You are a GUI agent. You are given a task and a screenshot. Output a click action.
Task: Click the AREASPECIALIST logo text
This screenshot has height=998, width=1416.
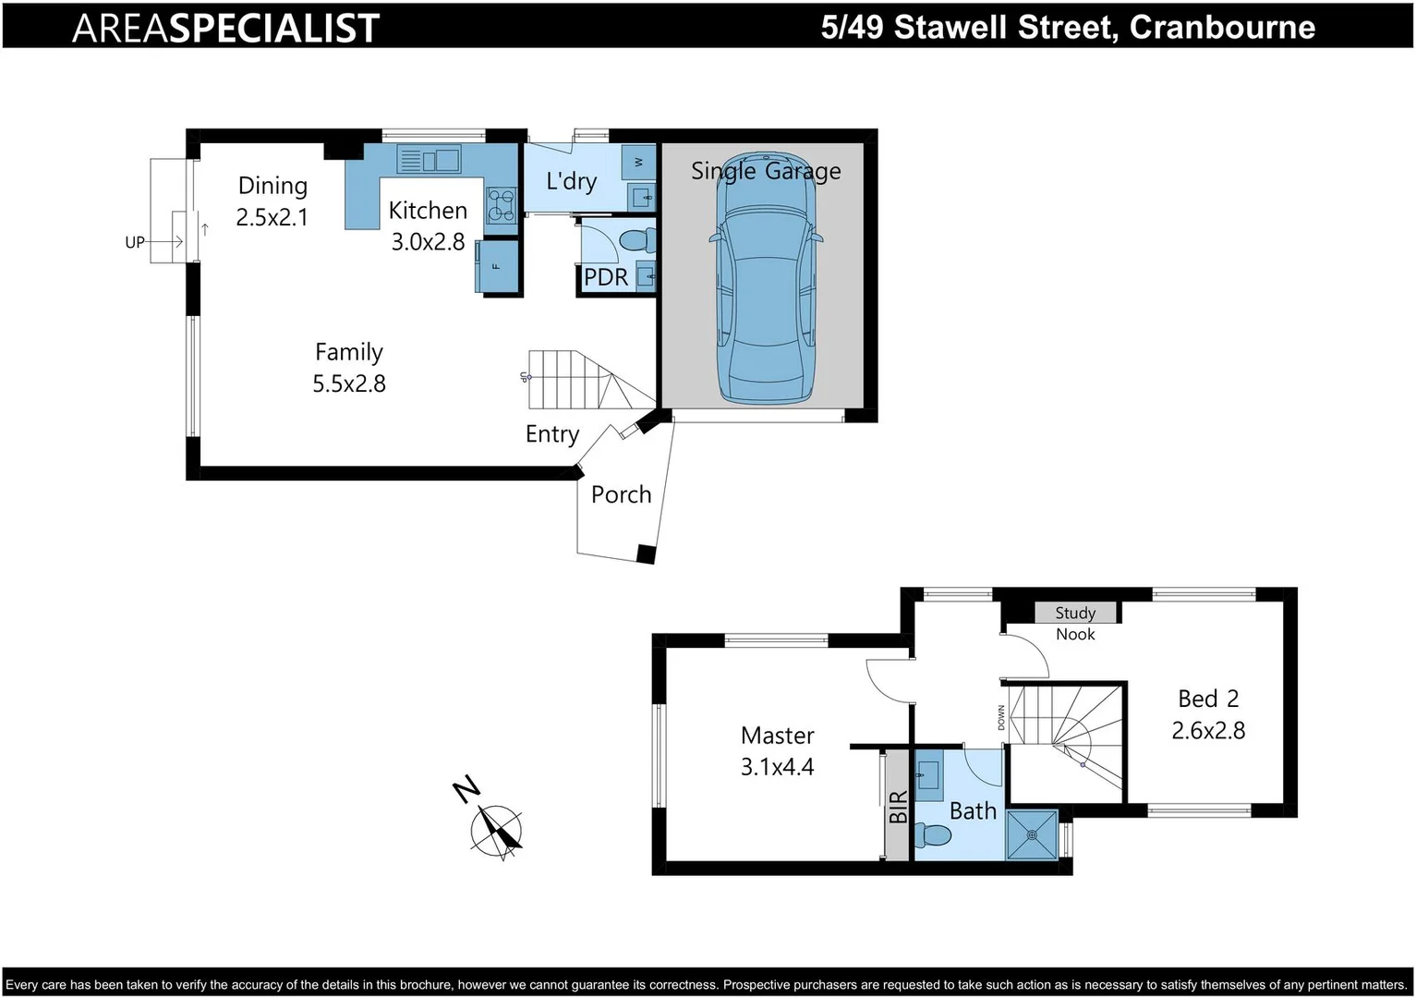[225, 28]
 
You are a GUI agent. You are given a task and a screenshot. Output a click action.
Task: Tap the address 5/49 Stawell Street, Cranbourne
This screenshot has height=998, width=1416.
[1068, 27]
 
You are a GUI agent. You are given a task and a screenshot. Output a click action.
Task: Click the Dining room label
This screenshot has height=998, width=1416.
[272, 186]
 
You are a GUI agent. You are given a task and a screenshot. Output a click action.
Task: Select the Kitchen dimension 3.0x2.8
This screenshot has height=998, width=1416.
[428, 242]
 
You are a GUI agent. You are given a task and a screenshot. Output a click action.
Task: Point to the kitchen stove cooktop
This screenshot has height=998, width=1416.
[502, 204]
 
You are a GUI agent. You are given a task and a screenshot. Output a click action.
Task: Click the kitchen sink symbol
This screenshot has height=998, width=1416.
[429, 160]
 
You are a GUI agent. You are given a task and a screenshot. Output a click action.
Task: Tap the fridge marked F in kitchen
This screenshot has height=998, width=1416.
[496, 266]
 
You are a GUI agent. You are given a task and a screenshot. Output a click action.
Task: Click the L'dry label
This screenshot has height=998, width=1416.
[571, 181]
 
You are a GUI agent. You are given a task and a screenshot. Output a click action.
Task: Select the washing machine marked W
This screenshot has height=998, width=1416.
[638, 163]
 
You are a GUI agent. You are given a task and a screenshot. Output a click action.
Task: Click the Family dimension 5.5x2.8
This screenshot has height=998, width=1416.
[349, 383]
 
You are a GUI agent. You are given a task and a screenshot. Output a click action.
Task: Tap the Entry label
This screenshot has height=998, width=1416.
[551, 434]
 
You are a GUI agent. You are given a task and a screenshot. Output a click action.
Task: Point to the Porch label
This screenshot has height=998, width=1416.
[621, 495]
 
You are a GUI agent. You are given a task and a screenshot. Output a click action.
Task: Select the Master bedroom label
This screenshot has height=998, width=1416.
[777, 736]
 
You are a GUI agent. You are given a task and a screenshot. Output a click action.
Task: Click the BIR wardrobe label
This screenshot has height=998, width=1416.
[898, 807]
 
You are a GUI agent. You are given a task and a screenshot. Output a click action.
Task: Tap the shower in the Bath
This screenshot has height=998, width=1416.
[1031, 834]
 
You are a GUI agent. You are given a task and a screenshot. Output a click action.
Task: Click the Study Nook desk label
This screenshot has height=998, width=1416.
[1075, 613]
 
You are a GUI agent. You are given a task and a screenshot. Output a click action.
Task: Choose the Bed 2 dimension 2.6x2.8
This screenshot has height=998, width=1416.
[1207, 730]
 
